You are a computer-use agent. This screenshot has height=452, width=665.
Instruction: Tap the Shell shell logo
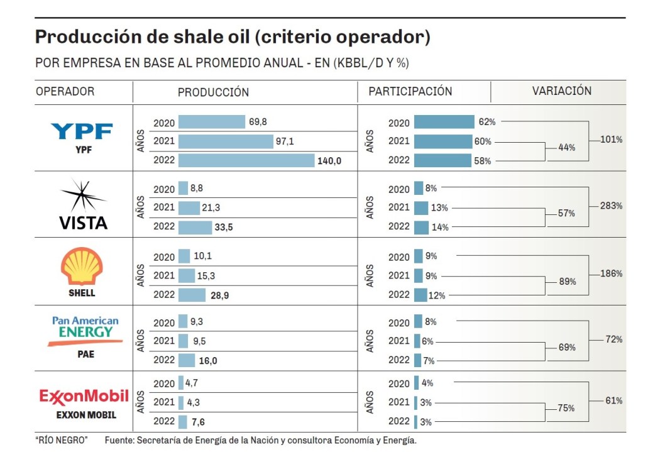tap(82, 267)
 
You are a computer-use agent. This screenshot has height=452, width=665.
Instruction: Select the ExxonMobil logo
tap(84, 396)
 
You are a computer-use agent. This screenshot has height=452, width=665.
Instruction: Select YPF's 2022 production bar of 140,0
tap(246, 161)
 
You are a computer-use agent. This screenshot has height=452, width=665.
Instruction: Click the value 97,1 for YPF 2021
tap(285, 141)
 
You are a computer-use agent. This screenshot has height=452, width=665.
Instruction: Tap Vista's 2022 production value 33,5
tap(224, 228)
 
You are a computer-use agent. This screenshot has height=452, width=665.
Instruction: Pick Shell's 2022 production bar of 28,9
tap(192, 295)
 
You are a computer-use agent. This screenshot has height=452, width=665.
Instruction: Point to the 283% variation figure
tap(611, 206)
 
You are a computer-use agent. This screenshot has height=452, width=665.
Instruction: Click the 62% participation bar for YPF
tap(444, 123)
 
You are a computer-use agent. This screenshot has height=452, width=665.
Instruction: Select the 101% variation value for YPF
tap(611, 140)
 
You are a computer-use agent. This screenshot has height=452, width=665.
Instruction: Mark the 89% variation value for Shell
tap(567, 282)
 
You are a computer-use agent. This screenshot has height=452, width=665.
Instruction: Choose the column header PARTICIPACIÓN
tap(410, 91)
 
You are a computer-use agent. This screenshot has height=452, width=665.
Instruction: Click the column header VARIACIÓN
tap(562, 91)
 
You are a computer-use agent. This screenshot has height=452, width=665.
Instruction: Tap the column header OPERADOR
tap(65, 91)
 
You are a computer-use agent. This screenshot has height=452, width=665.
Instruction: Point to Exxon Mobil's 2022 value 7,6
tap(201, 422)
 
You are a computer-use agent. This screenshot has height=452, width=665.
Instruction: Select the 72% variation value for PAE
tap(613, 339)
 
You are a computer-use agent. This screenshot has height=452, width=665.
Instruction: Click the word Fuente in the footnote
tap(119, 440)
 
